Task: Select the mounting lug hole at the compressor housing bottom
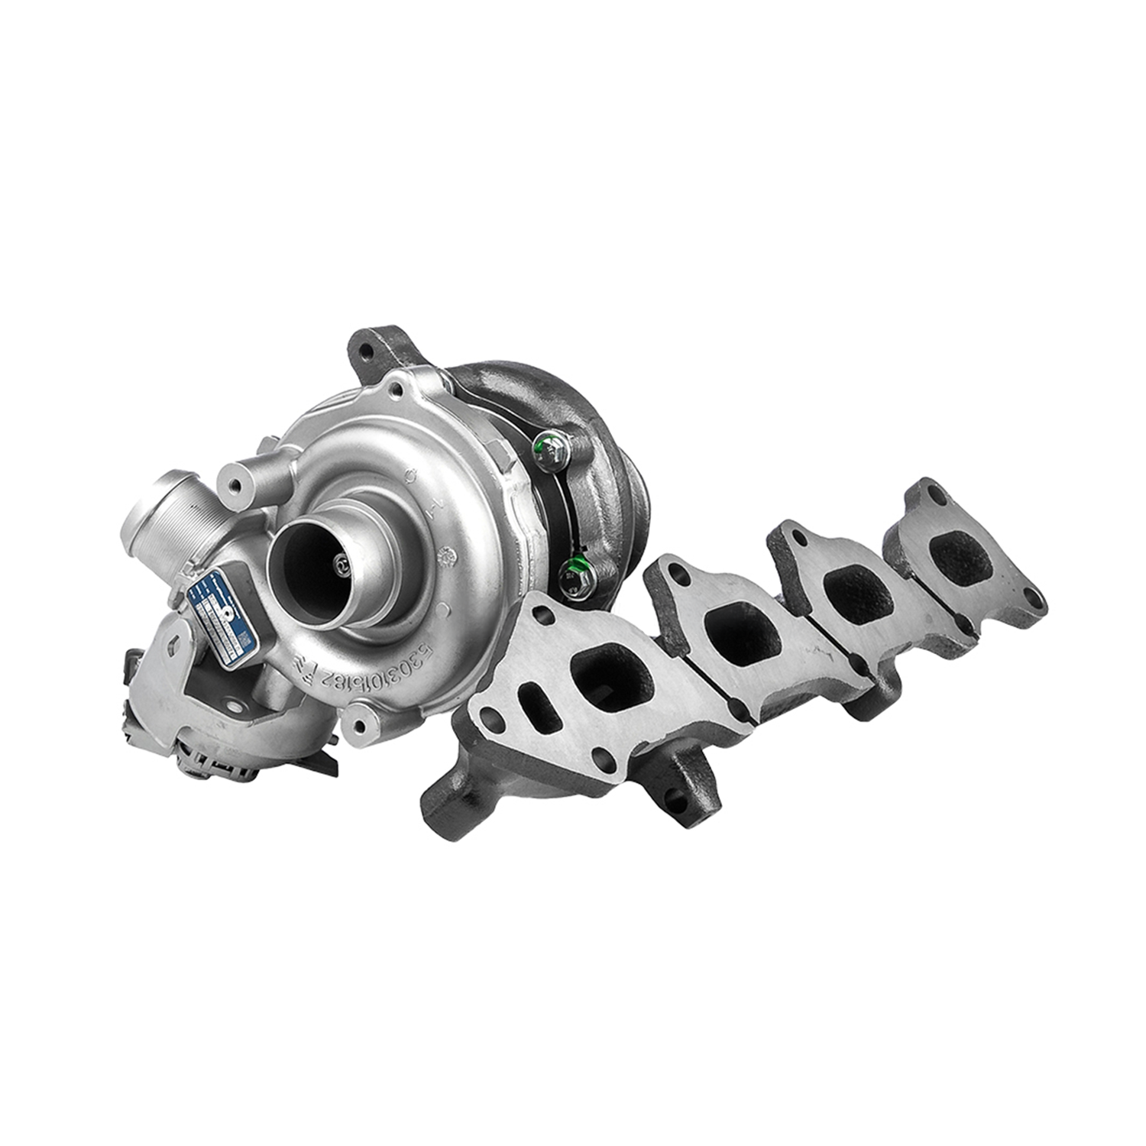(x=360, y=721)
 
